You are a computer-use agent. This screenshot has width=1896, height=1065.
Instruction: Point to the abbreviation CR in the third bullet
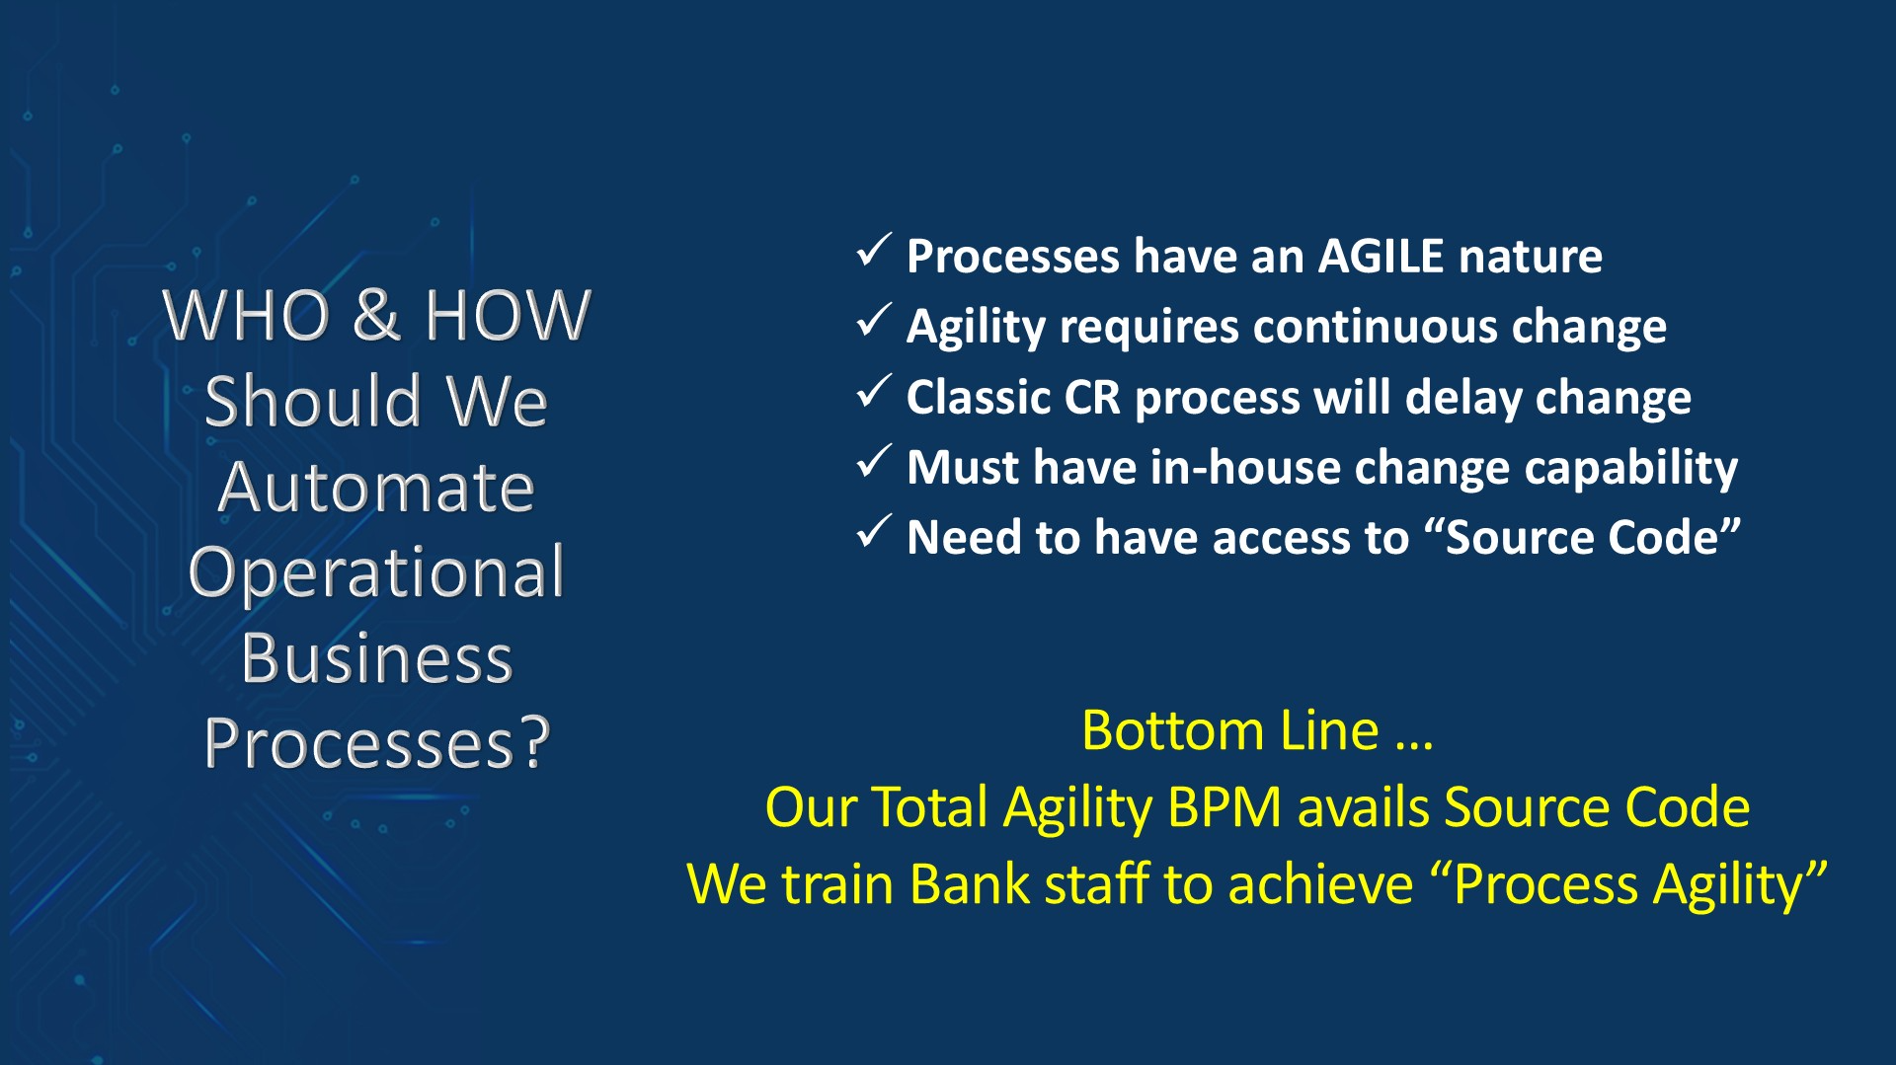(1092, 398)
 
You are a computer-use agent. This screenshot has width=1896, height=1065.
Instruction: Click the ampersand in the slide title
(376, 316)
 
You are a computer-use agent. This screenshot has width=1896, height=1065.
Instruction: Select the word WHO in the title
(246, 316)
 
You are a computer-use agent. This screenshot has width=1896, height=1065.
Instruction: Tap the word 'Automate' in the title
(376, 487)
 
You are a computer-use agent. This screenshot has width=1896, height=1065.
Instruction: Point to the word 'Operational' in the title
(376, 572)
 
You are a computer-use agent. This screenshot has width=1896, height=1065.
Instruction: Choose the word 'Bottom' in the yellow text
(1173, 731)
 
